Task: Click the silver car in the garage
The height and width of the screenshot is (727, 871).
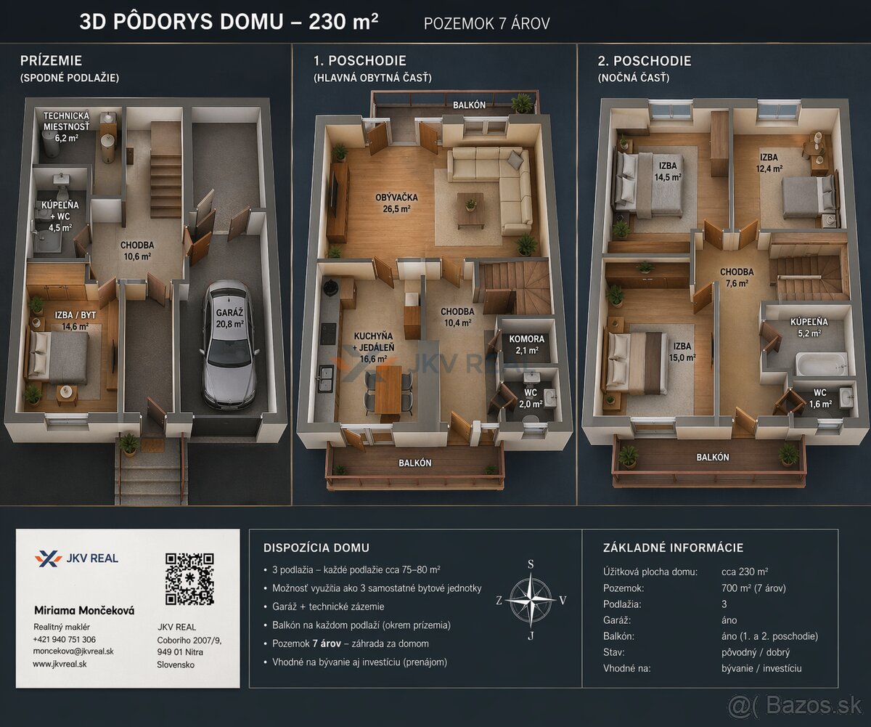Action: pyautogui.click(x=229, y=344)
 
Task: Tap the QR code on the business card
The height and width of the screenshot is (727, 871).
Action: pyautogui.click(x=189, y=579)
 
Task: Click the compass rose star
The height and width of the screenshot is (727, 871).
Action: pyautogui.click(x=531, y=600)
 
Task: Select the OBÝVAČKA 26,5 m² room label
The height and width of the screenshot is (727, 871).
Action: pyautogui.click(x=396, y=203)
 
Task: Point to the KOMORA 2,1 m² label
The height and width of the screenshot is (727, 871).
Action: pyautogui.click(x=526, y=344)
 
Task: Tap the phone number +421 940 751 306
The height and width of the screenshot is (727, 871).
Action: pyautogui.click(x=65, y=639)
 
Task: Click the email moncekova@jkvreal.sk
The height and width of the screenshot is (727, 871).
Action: pyautogui.click(x=73, y=651)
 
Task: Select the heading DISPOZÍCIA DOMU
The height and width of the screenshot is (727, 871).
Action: pyautogui.click(x=316, y=548)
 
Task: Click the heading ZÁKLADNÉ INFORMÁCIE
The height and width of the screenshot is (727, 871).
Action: pyautogui.click(x=674, y=548)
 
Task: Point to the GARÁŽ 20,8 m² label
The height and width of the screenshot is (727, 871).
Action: pyautogui.click(x=230, y=318)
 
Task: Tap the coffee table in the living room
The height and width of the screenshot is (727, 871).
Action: pyautogui.click(x=470, y=210)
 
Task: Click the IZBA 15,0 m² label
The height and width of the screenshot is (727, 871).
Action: pyautogui.click(x=682, y=352)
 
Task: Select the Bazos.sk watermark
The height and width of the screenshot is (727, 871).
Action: pyautogui.click(x=795, y=705)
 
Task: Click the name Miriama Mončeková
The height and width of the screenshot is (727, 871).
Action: pyautogui.click(x=84, y=611)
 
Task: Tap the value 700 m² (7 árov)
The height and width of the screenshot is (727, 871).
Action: pyautogui.click(x=754, y=588)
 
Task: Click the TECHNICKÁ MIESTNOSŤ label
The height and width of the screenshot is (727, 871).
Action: pyautogui.click(x=66, y=121)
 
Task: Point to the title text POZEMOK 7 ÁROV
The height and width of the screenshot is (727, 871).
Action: pyautogui.click(x=487, y=24)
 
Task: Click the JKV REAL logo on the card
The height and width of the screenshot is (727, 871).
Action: pyautogui.click(x=76, y=559)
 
